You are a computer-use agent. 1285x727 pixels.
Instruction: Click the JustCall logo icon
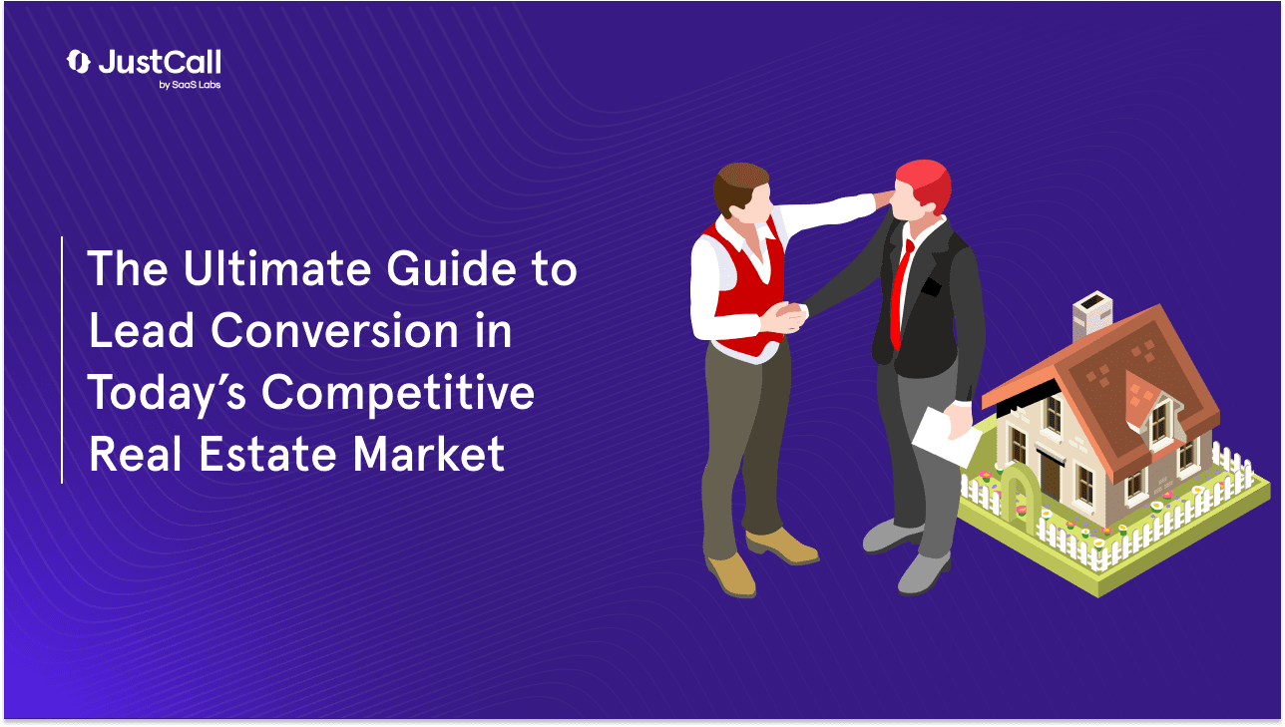click(78, 62)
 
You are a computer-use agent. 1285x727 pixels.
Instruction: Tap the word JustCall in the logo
click(160, 62)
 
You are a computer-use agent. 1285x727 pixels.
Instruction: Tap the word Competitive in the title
click(399, 394)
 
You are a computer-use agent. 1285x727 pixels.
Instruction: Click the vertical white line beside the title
click(62, 359)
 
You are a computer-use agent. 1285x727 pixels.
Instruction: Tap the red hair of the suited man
click(923, 180)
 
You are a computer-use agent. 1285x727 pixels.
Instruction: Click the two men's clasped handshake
click(788, 317)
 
